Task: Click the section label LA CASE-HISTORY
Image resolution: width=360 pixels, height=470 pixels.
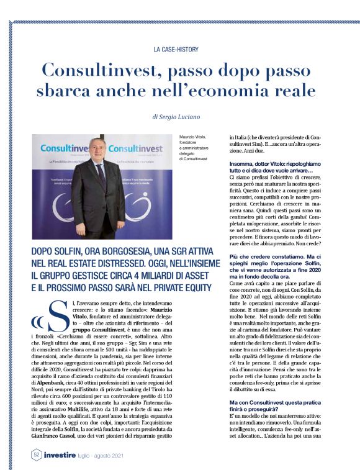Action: click(x=179, y=48)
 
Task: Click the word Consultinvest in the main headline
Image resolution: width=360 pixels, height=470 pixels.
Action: click(x=110, y=70)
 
